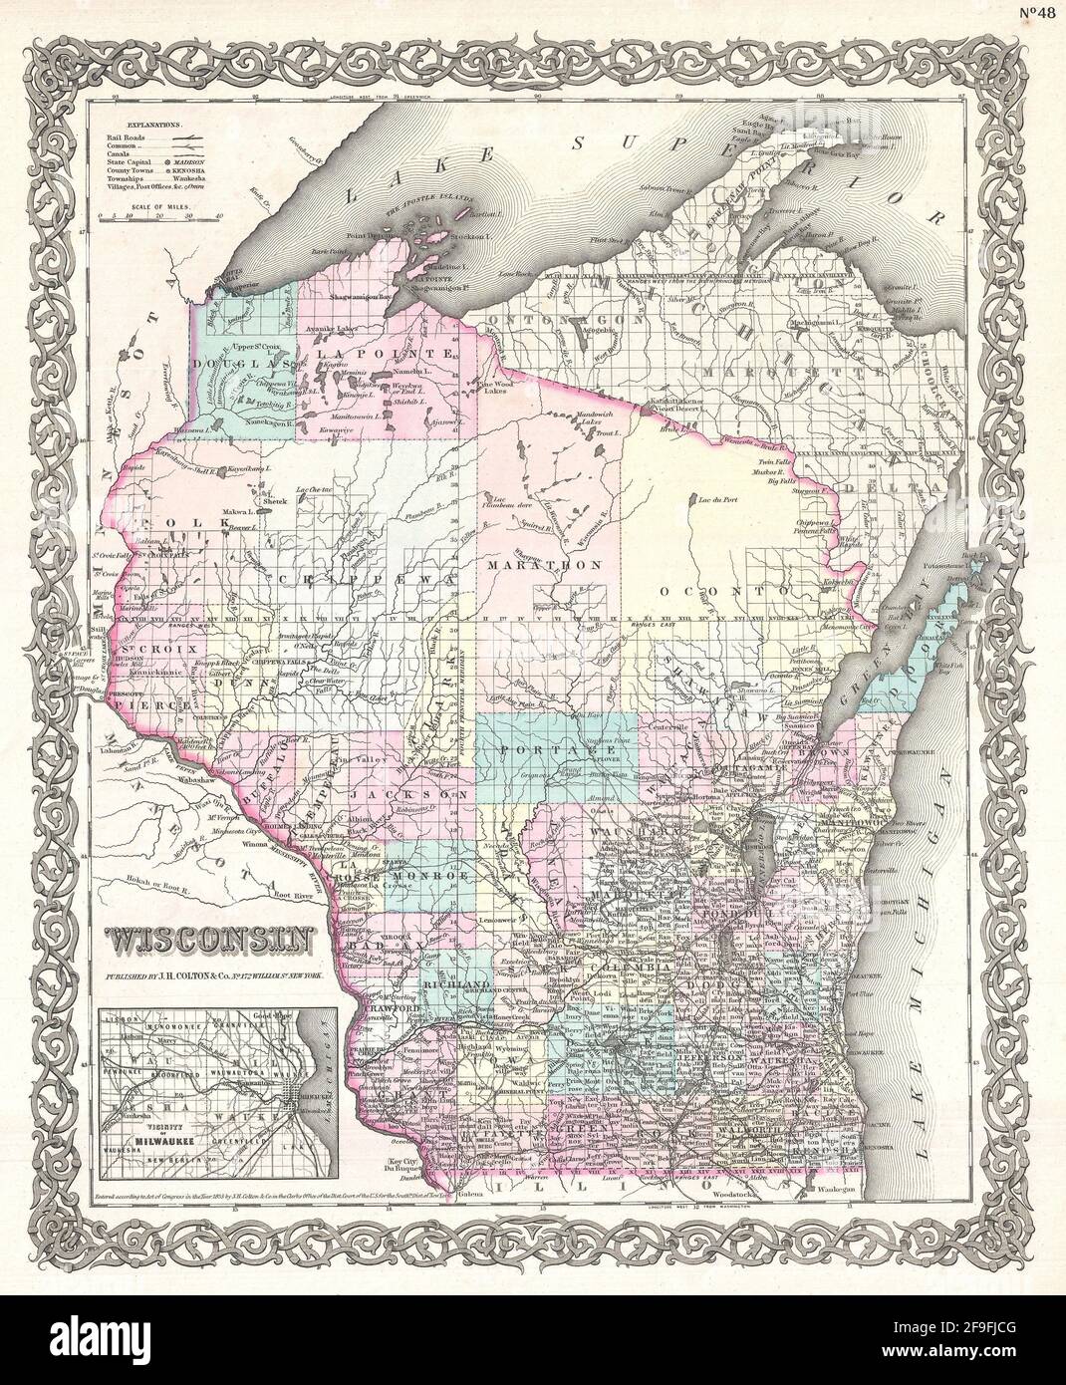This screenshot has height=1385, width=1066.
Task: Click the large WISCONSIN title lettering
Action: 210,938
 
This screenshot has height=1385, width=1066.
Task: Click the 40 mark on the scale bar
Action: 218,215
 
